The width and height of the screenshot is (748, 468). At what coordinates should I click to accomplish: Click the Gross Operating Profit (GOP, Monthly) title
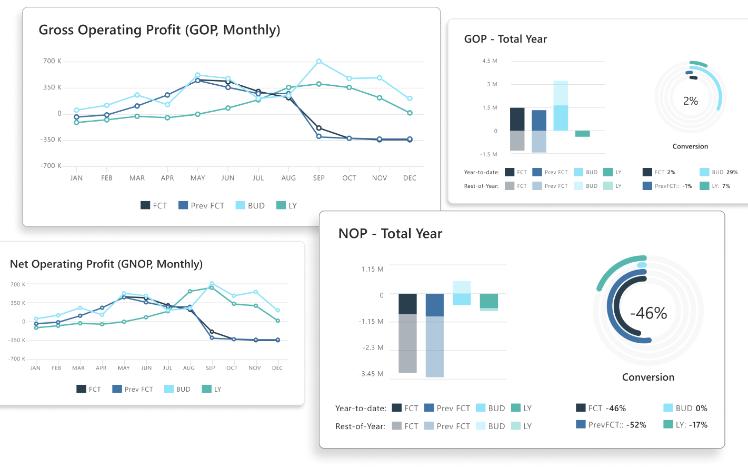159,30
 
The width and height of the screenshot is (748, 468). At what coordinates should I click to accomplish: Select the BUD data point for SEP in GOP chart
319,62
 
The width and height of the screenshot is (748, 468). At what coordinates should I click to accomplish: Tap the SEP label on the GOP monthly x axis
319,178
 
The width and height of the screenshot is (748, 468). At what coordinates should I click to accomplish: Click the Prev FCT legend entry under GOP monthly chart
202,206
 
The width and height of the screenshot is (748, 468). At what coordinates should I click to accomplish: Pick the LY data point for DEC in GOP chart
410,113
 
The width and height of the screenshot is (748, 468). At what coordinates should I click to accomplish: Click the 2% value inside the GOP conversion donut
690,101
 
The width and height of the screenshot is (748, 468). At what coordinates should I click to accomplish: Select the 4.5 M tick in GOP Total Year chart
490,61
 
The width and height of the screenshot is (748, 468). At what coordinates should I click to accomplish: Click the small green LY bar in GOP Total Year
582,134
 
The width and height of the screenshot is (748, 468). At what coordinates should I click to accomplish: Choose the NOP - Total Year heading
390,234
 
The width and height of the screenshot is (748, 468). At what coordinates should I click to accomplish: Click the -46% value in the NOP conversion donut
649,313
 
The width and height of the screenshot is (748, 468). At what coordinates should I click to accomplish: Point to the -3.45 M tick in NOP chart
371,374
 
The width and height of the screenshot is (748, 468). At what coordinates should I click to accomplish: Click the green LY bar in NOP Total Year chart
488,301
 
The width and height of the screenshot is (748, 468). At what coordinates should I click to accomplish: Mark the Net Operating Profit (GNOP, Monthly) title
106,264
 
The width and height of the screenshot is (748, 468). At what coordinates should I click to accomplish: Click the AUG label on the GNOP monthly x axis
189,368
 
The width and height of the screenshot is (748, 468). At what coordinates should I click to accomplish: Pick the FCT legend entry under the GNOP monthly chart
88,390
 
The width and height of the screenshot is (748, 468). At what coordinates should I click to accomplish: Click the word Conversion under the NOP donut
648,377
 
